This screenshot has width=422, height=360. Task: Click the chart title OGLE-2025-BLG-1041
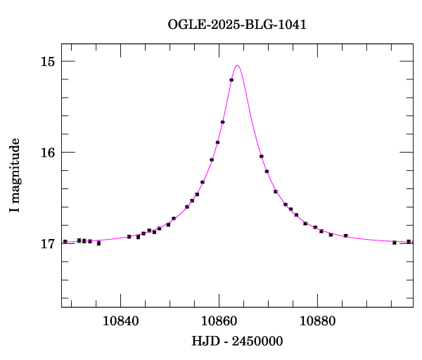237,25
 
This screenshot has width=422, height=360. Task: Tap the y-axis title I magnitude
15,176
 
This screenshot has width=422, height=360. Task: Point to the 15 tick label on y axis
48,62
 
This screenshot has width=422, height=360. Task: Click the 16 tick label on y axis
48,153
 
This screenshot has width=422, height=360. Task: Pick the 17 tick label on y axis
48,244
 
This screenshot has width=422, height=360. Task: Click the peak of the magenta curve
238,65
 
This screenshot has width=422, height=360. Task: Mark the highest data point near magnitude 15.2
231,80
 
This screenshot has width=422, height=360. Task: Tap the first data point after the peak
261,156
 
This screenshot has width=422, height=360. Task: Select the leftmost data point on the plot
65,241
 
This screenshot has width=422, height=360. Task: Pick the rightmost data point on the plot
409,241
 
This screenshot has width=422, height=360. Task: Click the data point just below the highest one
222,122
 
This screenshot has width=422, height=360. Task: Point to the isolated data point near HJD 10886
345,236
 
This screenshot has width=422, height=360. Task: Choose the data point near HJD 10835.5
98,243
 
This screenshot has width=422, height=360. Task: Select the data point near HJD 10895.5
394,243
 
